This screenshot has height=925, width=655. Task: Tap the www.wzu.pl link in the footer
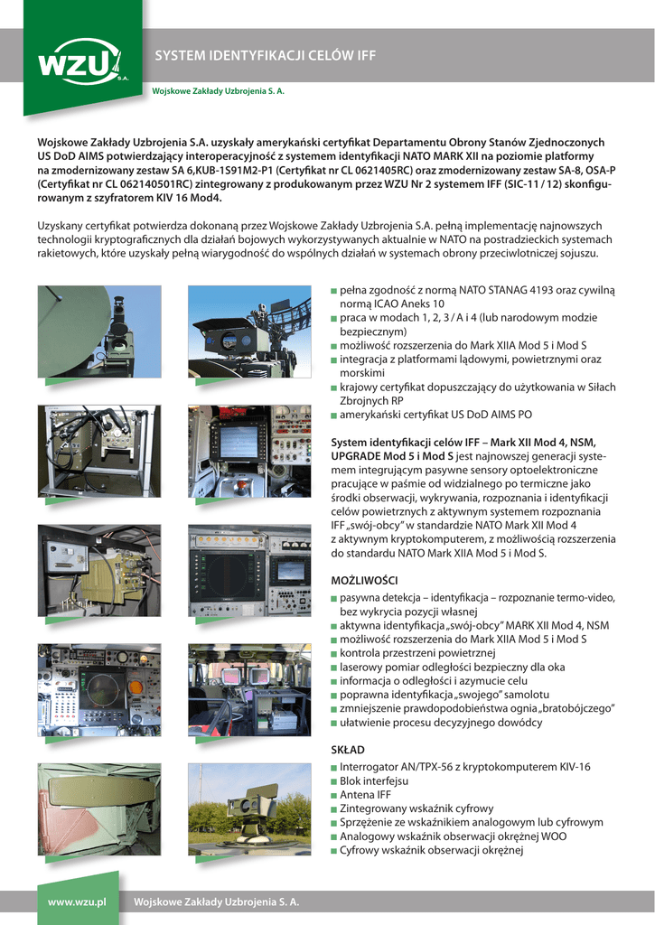[x=77, y=902]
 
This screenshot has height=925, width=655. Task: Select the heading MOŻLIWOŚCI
[x=364, y=579]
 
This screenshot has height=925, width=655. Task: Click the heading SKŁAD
[x=348, y=750]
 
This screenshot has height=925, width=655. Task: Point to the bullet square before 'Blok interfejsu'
[x=334, y=781]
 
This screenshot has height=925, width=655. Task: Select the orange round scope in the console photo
[x=136, y=687]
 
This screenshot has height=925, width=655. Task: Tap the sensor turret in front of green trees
[x=248, y=804]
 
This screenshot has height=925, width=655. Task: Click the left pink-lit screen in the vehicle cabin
[x=225, y=677]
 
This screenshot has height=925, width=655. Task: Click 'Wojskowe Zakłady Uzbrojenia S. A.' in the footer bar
[x=217, y=902]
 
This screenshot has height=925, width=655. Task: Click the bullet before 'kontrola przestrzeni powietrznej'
[x=334, y=654]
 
